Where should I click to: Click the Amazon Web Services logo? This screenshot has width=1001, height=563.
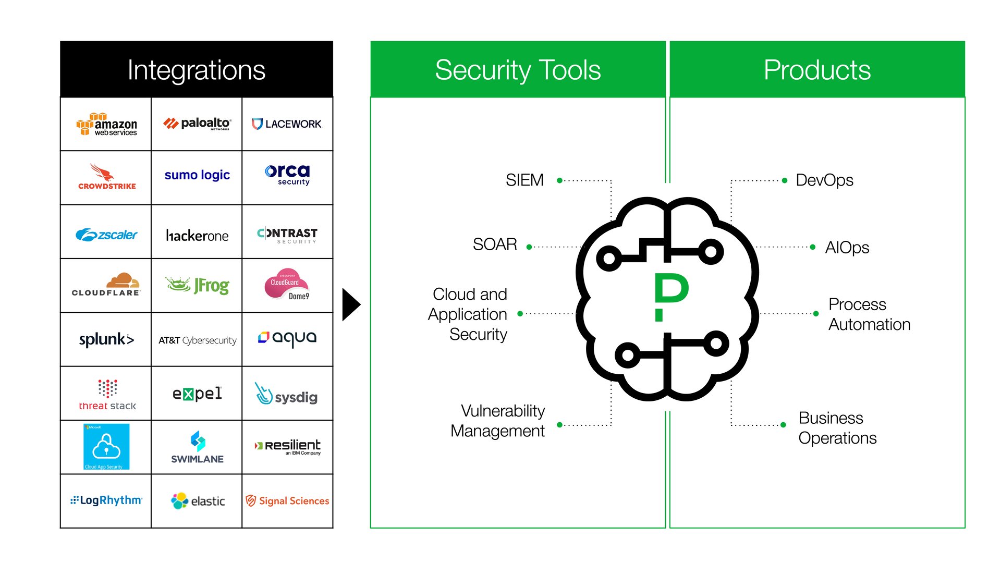tap(106, 125)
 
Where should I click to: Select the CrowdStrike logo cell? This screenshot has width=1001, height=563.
tap(106, 177)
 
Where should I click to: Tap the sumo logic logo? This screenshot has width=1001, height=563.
tap(197, 175)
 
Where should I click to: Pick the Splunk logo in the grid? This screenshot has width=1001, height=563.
tap(106, 339)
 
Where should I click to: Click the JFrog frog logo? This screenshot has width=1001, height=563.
tap(197, 285)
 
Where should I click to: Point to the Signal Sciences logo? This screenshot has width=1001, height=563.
tap(287, 501)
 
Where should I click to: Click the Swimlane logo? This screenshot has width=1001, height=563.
tap(197, 448)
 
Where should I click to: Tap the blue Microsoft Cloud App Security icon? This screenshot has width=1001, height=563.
tap(106, 447)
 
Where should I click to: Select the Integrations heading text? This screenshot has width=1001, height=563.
tap(196, 70)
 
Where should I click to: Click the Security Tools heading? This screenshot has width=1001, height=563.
tap(518, 70)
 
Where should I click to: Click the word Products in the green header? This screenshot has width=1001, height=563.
tap(817, 70)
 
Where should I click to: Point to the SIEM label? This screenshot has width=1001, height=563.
tap(524, 180)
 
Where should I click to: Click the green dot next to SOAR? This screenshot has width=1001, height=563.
tap(529, 247)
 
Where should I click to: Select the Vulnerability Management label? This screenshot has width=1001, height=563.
tap(498, 421)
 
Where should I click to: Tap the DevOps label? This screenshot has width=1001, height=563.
tap(824, 180)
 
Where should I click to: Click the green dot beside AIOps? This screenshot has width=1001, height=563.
tap(813, 247)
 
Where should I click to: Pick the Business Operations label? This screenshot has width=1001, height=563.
tap(837, 428)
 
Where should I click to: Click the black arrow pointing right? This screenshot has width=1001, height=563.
tap(351, 305)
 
